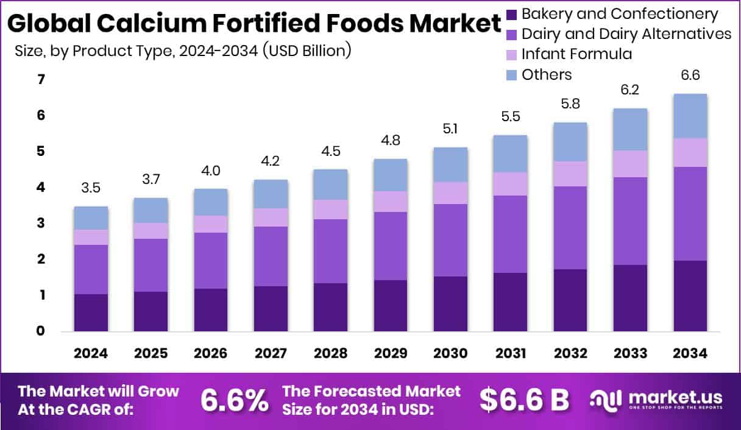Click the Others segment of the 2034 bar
[x=690, y=116]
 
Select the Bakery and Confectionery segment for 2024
[x=91, y=312]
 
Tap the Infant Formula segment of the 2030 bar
[x=450, y=192]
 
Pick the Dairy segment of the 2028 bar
[x=331, y=251]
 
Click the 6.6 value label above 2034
[x=690, y=75]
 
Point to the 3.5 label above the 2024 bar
[x=91, y=188]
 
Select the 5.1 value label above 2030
[x=450, y=129]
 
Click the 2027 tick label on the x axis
[x=271, y=354]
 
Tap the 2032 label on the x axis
[x=570, y=354]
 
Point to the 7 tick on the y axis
[x=41, y=79]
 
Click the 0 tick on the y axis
[x=41, y=331]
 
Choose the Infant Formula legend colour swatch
[x=512, y=55]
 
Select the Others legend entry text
[x=547, y=74]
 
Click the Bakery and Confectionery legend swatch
[x=512, y=14]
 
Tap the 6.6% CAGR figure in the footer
[x=235, y=400]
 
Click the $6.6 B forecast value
[x=524, y=400]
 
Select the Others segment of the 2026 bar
[x=211, y=202]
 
